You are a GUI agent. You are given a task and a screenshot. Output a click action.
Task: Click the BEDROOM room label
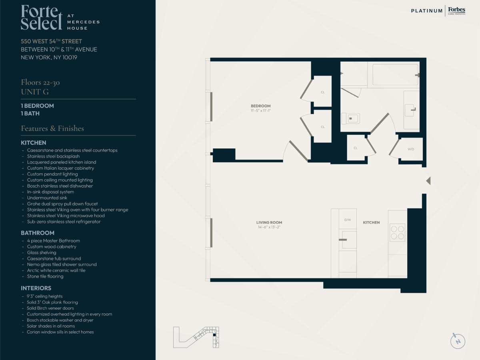coord(260,106)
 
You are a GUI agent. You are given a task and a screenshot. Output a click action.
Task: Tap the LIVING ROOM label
coord(269,222)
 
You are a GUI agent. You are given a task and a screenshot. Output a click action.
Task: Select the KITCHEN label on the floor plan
coord(371,222)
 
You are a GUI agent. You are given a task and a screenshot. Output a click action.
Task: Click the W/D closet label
coord(411,149)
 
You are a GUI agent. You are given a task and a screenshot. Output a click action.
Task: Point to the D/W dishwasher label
coord(348,220)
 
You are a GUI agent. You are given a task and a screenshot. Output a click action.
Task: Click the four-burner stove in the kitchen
coord(397,232)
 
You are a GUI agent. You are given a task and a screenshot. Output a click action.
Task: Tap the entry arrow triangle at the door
coord(428,181)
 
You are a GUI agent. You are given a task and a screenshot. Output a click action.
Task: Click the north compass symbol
coord(458,341)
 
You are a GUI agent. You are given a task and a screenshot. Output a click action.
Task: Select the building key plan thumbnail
coord(196,337)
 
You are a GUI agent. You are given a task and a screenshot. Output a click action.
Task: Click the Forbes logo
coord(457,10)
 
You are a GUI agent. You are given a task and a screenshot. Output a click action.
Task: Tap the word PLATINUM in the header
coord(427,11)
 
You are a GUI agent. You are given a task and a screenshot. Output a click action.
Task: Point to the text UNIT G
coord(35,92)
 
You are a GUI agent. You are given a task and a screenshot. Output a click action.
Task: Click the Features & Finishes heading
coord(52,128)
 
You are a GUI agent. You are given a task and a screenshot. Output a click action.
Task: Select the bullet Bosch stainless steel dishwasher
coord(60,186)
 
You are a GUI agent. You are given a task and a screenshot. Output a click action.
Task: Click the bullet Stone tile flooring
coord(45,276)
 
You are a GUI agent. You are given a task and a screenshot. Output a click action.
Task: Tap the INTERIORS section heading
coord(36,288)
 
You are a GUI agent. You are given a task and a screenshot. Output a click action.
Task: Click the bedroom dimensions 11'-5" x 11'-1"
coord(260,111)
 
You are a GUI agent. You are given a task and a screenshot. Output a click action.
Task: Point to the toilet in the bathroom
coord(350,118)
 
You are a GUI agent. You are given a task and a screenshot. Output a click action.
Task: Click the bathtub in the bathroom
coord(395,74)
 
